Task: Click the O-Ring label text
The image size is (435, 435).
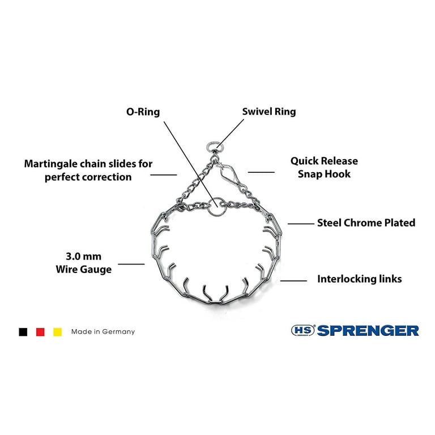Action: tap(143, 112)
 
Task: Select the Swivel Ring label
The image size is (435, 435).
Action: tap(269, 112)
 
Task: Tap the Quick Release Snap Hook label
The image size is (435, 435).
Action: tap(324, 167)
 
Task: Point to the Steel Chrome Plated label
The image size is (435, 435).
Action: tap(366, 223)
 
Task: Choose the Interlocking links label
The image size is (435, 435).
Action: tap(360, 279)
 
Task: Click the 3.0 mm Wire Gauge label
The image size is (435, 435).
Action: tap(83, 263)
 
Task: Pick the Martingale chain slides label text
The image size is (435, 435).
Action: tap(88, 170)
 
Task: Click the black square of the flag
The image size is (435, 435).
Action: tap(23, 332)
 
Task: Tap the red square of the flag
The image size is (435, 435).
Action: tap(40, 332)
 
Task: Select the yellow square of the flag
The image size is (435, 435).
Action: tap(57, 332)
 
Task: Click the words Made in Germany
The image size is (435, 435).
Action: tap(103, 331)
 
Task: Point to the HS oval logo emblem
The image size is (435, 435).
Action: tap(303, 330)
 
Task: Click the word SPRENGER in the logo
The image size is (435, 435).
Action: tap(368, 330)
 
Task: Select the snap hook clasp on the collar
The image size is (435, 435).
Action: tap(228, 174)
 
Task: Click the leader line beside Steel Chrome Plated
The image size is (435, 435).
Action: tap(301, 224)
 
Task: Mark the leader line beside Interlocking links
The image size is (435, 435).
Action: tap(293, 281)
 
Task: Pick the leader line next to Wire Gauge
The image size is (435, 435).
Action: tap(131, 264)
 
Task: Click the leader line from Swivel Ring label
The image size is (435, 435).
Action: tap(230, 133)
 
